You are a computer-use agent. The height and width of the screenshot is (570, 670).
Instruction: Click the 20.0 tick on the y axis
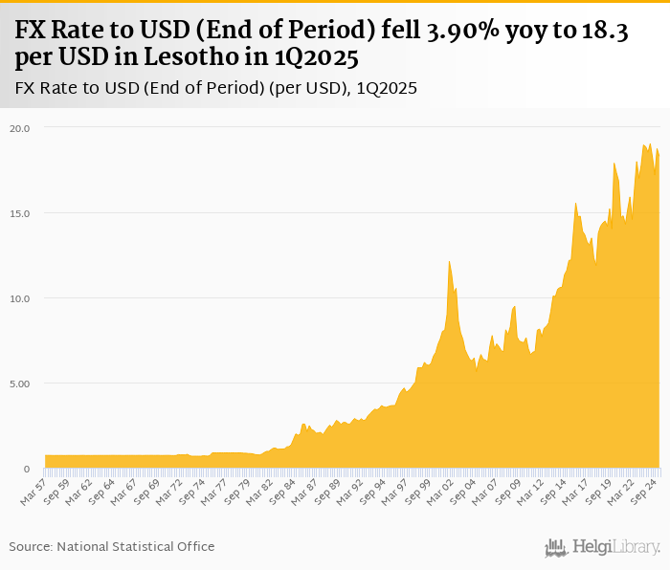coord(20,127)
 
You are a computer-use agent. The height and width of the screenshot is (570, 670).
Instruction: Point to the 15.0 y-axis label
coord(20,212)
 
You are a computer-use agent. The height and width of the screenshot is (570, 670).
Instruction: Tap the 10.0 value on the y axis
coord(20,298)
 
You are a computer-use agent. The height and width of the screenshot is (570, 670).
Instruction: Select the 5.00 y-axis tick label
coord(20,384)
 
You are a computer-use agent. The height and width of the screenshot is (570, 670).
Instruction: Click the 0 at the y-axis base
coord(27,469)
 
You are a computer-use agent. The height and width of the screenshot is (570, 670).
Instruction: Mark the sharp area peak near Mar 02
coord(449,262)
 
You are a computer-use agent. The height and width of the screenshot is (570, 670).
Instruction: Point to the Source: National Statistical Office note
coord(112,546)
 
